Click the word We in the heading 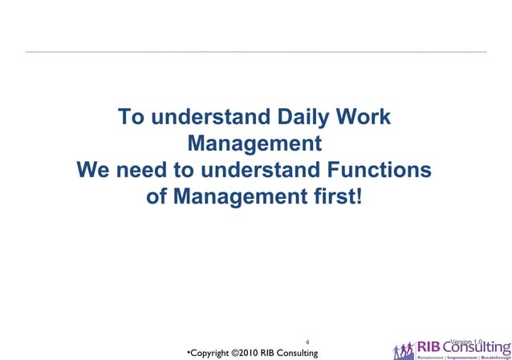94,171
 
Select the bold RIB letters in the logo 428,346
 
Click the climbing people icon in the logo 404,350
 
